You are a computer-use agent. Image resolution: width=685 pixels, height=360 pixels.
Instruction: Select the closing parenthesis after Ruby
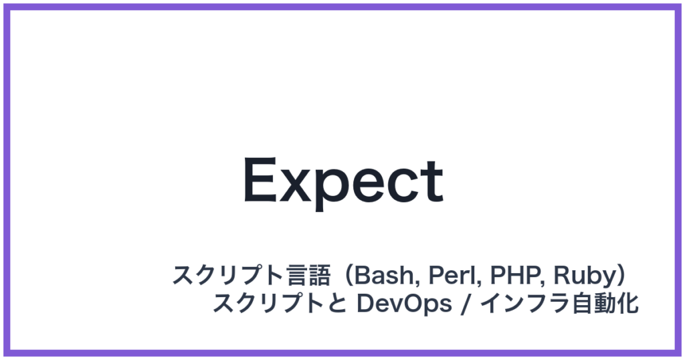622,275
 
